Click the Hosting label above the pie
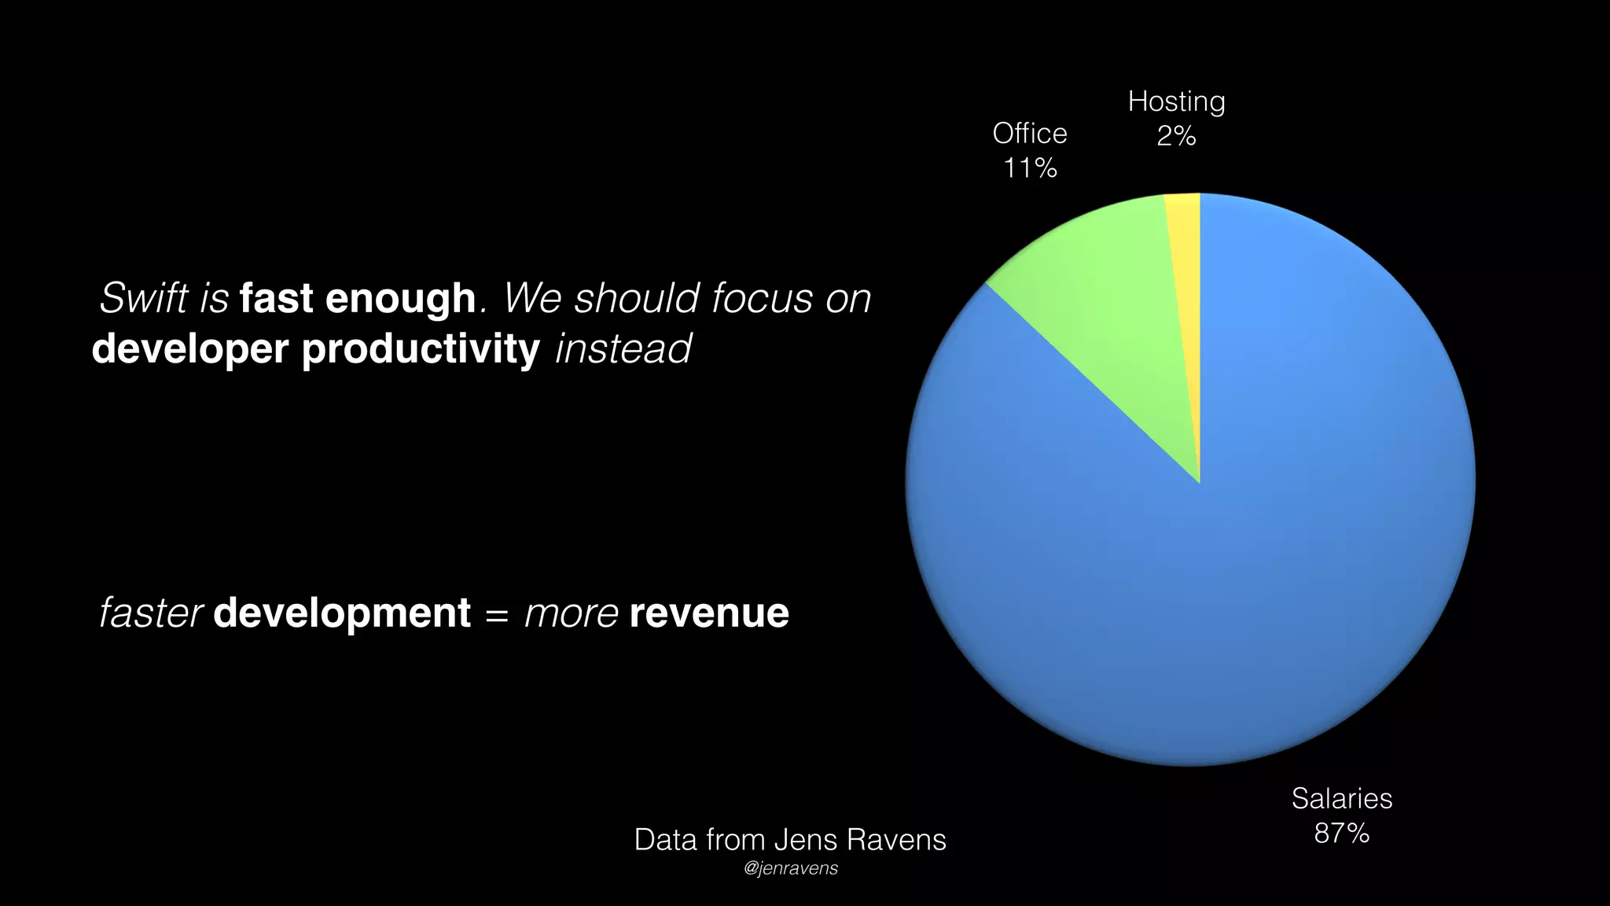coord(1176,101)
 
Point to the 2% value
coord(1176,136)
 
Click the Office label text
coord(1030,134)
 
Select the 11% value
coord(1030,168)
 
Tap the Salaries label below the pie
coord(1341,799)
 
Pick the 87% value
coord(1341,833)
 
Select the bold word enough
coord(400,299)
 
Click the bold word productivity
coord(421,349)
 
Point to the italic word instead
coord(623,348)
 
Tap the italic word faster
coord(152,613)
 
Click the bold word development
coord(342,613)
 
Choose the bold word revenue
coord(709,613)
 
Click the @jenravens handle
coord(790,868)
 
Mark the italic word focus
coord(762,298)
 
